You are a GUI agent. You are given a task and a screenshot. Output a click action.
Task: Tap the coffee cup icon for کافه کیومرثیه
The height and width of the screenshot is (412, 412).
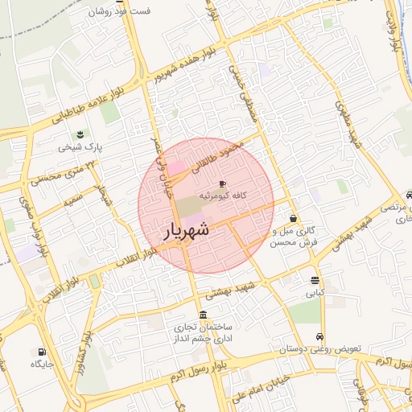[x=222, y=184]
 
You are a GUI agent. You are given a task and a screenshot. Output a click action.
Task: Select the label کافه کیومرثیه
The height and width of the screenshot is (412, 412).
[x=228, y=196]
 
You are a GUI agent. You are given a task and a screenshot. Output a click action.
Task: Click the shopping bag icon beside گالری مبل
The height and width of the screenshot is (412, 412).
[x=293, y=217]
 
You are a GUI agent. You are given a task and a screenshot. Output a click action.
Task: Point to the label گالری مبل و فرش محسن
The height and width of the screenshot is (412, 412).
[x=294, y=236]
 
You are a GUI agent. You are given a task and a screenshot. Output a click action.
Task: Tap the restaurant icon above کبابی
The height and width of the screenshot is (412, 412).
[x=315, y=281]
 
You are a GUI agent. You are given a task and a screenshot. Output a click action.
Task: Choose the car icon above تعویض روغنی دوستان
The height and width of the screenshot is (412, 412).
[x=320, y=337]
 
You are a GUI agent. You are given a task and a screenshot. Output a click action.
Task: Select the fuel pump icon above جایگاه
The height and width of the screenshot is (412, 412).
[x=41, y=352]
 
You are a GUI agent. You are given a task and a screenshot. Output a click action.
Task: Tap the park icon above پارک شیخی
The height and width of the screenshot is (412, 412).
[x=79, y=134]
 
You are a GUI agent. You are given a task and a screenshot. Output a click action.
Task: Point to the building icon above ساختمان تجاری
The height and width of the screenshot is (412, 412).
[x=202, y=315]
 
